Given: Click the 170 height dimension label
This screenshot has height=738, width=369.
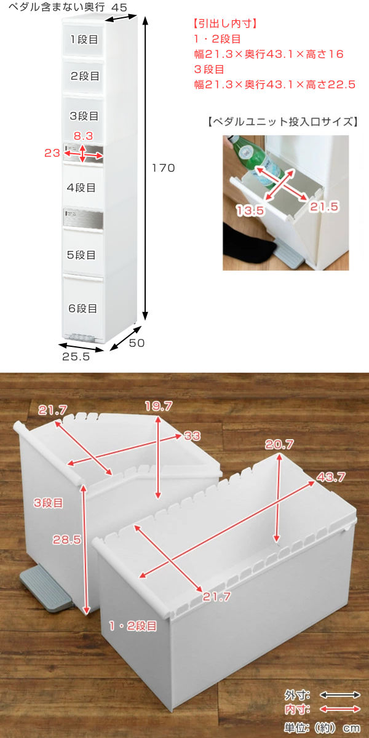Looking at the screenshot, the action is pos(163,168).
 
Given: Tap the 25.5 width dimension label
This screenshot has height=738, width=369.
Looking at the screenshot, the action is pos(76,357).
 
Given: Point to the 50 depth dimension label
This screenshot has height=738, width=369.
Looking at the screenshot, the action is pos(137,343).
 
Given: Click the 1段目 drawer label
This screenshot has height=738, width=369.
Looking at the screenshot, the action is pos(84,39).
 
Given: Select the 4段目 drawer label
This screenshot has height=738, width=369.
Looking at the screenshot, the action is pos(81,188).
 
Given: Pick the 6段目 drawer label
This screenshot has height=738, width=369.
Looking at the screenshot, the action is pos(82,308).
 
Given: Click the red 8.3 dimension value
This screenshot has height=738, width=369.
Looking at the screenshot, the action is pos(83,136).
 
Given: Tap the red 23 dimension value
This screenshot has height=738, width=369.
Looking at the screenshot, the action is pos(52,153).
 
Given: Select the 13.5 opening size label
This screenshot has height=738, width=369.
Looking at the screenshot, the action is pos(250,210).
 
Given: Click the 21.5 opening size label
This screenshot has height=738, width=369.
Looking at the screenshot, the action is pos(324,207).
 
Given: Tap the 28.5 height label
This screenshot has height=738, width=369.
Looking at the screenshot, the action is pos(67,539).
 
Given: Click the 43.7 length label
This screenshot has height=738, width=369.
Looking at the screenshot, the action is pos(331,477).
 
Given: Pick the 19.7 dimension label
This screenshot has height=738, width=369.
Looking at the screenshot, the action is pos(159,407).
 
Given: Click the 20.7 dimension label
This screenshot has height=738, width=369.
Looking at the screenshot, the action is pos(279,445).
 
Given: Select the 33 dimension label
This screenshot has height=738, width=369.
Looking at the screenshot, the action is pos(192,436).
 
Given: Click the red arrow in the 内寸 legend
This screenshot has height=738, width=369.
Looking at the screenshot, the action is pos(339,709).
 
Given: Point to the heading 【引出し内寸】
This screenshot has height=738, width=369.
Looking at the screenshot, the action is pos(224,23).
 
